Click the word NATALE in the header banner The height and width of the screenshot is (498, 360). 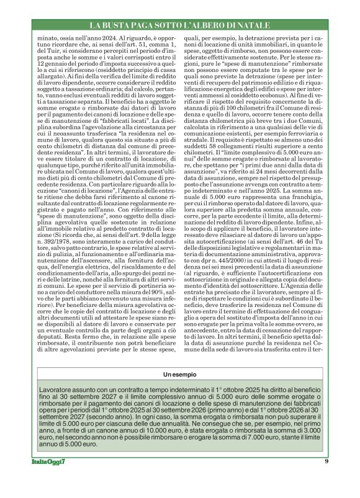(254, 25)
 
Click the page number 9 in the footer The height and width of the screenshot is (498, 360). (326, 478)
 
